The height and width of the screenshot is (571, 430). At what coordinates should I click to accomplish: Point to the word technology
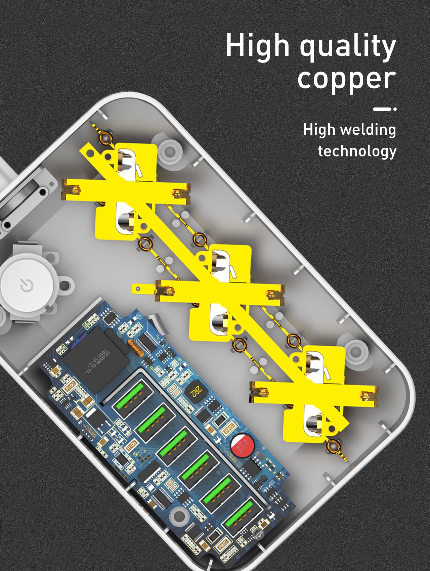click(357, 151)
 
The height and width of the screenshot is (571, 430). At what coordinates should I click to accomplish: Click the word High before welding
click(319, 130)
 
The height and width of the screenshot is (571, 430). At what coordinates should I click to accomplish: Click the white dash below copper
click(382, 109)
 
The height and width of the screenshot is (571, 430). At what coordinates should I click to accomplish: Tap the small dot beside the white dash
click(395, 109)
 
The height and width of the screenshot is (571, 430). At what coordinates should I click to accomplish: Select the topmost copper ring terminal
click(105, 137)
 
